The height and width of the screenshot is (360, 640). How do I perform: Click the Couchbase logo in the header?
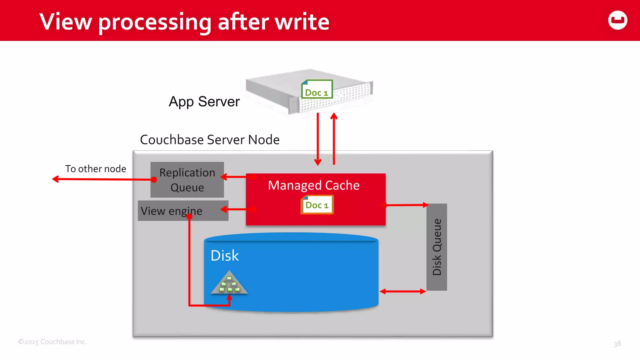(x=617, y=20)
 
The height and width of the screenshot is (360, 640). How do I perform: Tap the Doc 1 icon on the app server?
(x=317, y=89)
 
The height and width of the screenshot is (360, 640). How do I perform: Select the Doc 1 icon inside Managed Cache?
(x=317, y=205)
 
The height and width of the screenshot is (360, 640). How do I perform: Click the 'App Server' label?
(x=204, y=102)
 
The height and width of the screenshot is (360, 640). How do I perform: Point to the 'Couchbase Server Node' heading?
(x=210, y=140)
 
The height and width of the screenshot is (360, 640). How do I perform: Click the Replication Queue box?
(x=187, y=180)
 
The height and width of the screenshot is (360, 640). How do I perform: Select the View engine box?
(x=183, y=211)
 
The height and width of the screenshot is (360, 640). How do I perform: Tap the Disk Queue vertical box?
(x=437, y=247)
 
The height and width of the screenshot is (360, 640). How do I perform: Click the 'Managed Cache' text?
(x=314, y=185)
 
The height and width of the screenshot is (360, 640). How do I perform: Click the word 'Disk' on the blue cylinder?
(x=224, y=256)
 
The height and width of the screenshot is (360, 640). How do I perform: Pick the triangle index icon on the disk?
(x=229, y=283)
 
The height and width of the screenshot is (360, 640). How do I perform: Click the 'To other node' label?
(x=96, y=169)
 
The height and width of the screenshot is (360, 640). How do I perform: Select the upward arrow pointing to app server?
(x=334, y=137)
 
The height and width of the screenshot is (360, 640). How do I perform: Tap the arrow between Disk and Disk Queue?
(x=403, y=291)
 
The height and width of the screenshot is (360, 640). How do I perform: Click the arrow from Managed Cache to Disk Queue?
(x=405, y=205)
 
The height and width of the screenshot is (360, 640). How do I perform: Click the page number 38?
(x=617, y=344)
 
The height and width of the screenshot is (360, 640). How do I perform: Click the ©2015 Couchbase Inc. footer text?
(x=52, y=342)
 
